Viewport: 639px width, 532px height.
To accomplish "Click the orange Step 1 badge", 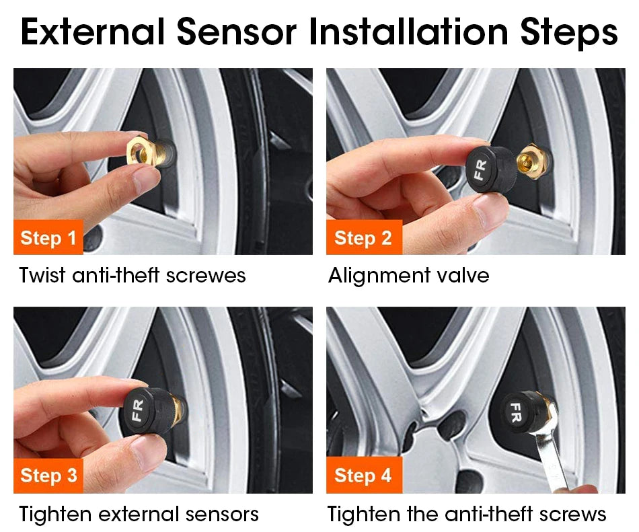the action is [48, 237].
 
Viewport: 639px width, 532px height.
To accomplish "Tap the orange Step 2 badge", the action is [364, 237].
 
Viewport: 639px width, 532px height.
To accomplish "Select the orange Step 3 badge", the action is [48, 476].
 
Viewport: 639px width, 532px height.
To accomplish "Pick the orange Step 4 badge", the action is [364, 476].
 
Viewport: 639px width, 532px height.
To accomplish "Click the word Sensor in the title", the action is [236, 32].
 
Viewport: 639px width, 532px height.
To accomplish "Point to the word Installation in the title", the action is [408, 32].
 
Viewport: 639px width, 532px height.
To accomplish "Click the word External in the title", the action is [93, 32].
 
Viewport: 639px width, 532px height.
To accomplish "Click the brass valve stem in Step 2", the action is [530, 157].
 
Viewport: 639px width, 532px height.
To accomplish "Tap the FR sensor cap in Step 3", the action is [150, 411].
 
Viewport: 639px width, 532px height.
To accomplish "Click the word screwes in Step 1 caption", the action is [206, 276].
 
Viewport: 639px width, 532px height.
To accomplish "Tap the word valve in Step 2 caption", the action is [463, 275].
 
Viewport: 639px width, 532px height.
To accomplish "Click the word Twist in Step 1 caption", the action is [42, 275].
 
